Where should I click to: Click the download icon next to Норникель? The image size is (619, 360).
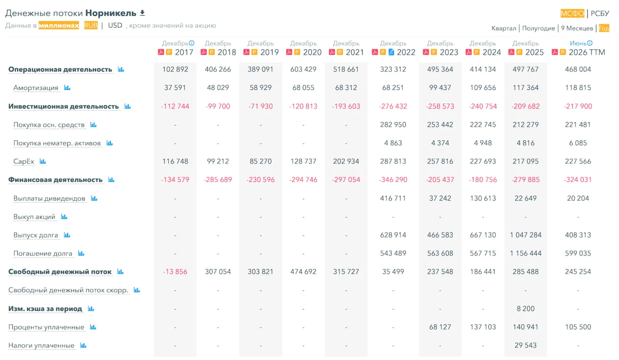click(142, 13)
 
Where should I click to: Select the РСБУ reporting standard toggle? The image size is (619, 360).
click(600, 13)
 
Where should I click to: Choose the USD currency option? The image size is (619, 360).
click(115, 26)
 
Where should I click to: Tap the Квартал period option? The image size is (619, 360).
click(503, 28)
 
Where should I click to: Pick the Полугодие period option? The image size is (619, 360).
click(538, 28)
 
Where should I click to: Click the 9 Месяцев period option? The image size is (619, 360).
click(577, 28)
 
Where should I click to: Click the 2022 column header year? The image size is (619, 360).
click(406, 52)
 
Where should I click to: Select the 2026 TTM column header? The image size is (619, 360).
click(587, 52)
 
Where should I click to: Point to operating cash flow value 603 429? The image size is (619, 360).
click(303, 69)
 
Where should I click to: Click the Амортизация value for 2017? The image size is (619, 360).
click(175, 88)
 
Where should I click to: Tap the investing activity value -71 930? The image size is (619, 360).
click(260, 106)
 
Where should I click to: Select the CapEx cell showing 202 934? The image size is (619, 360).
click(346, 161)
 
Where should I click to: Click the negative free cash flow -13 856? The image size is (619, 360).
click(175, 271)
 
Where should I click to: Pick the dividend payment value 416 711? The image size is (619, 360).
click(393, 198)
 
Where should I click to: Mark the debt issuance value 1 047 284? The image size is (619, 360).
click(526, 235)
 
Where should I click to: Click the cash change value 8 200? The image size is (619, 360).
click(526, 309)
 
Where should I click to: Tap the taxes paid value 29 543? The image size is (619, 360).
click(526, 345)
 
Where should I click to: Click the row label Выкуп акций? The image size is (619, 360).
click(34, 217)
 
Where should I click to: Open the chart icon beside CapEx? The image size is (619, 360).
click(43, 161)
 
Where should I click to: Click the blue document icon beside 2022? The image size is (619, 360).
click(391, 52)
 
